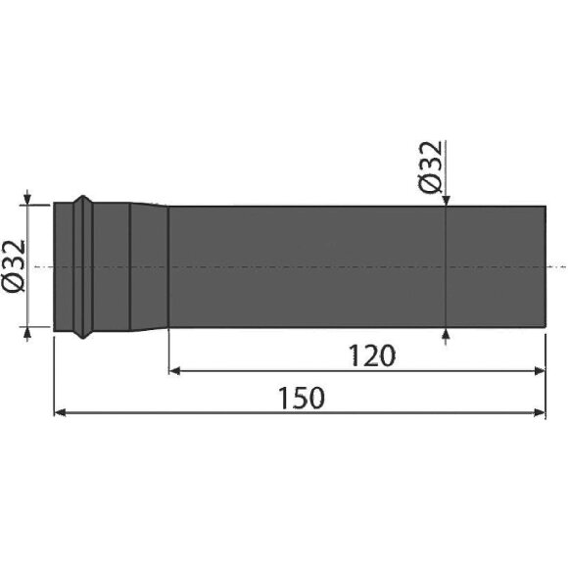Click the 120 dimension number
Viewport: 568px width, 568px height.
point(372,355)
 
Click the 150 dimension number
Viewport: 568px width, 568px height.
point(301,398)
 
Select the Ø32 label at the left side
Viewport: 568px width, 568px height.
point(14,265)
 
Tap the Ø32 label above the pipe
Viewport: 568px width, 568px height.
point(430,166)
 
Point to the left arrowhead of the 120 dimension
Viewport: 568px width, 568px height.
point(174,370)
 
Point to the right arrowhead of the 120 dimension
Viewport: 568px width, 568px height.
point(540,370)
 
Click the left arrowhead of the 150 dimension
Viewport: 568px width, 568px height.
point(60,412)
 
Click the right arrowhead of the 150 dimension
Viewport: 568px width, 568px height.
point(540,412)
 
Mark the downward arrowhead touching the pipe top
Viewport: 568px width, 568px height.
point(446,201)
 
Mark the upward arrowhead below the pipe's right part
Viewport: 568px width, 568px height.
point(446,334)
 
